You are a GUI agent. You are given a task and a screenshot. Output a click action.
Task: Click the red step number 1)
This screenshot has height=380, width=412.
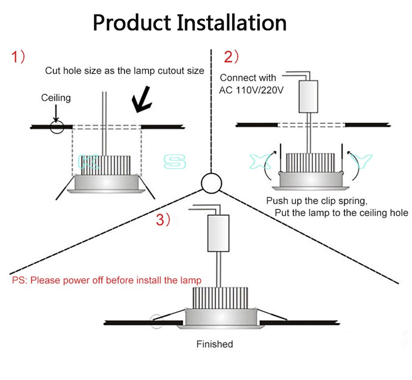click(x=18, y=57)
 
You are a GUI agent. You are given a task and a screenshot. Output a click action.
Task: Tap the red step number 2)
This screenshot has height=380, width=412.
click(x=231, y=57)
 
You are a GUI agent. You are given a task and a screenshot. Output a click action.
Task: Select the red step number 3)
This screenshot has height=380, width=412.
click(x=163, y=220)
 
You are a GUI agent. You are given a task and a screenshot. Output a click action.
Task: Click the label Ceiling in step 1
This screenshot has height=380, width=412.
click(x=56, y=98)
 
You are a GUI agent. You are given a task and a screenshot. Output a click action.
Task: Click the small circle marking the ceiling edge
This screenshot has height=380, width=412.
click(x=57, y=127)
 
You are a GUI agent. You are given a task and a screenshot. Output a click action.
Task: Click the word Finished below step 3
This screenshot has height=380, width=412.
click(x=215, y=344)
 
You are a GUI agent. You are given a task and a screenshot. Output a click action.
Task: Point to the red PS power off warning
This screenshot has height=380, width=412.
click(x=107, y=280)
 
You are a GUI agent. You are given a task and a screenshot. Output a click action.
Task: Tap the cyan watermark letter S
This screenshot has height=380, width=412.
click(x=175, y=162)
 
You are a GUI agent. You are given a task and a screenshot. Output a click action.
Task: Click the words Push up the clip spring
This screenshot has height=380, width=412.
click(x=317, y=201)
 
